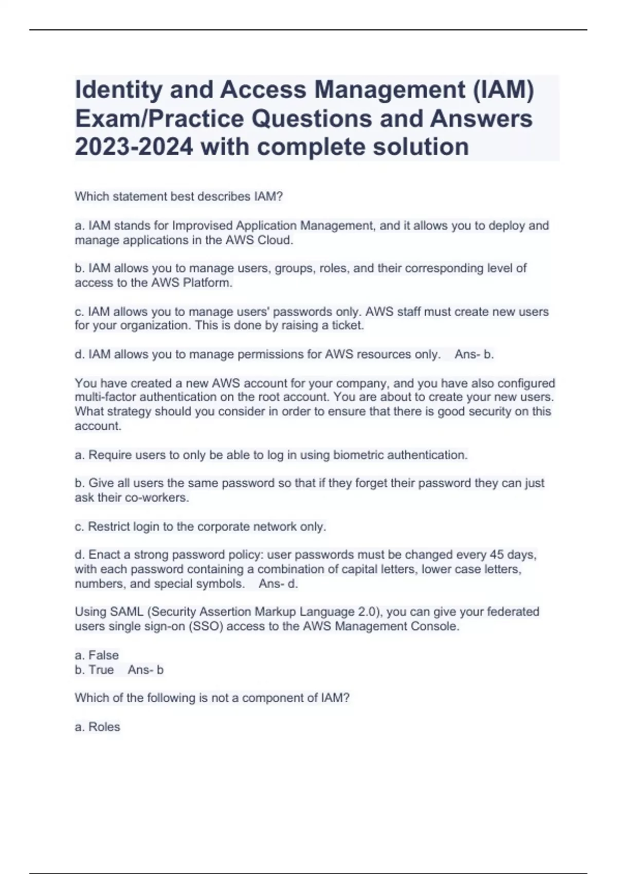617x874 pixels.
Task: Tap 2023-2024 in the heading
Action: [x=134, y=147]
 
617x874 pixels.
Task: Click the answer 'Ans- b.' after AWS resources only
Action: [x=474, y=354]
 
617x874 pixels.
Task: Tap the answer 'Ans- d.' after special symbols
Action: [x=278, y=584]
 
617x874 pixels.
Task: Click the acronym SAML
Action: [x=125, y=612]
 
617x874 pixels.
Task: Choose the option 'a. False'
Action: [x=97, y=655]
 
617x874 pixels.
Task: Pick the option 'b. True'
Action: [x=94, y=670]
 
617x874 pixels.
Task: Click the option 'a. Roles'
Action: [x=97, y=727]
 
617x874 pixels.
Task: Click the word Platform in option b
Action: [x=207, y=283]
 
